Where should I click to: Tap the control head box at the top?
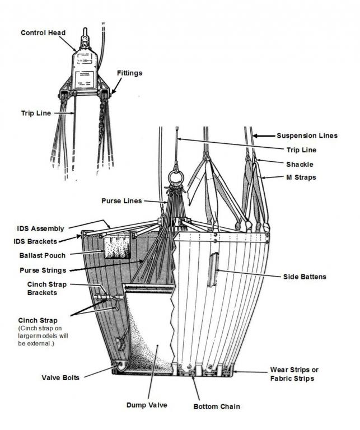tap(85, 67)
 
